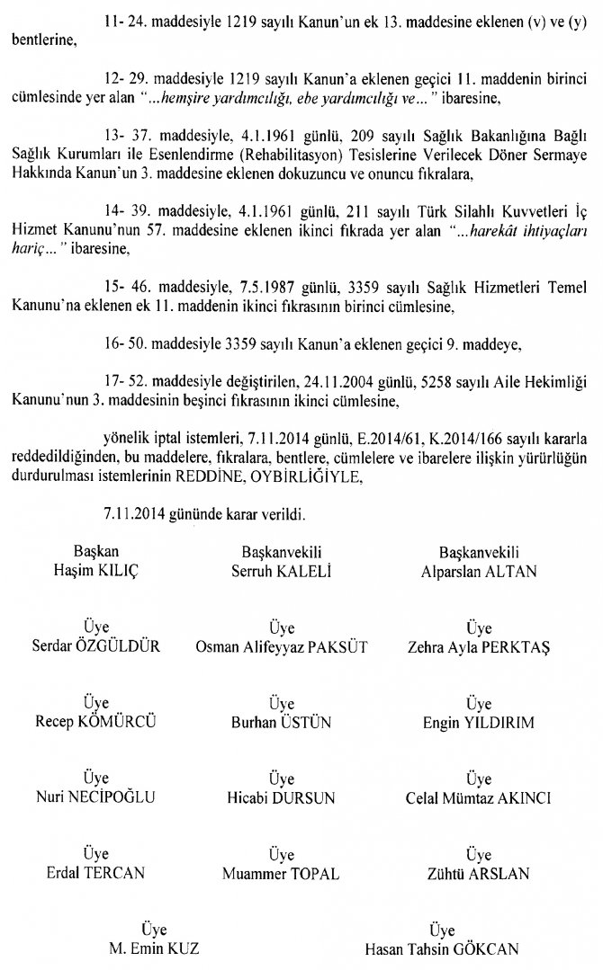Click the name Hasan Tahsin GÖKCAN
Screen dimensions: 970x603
(x=436, y=948)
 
